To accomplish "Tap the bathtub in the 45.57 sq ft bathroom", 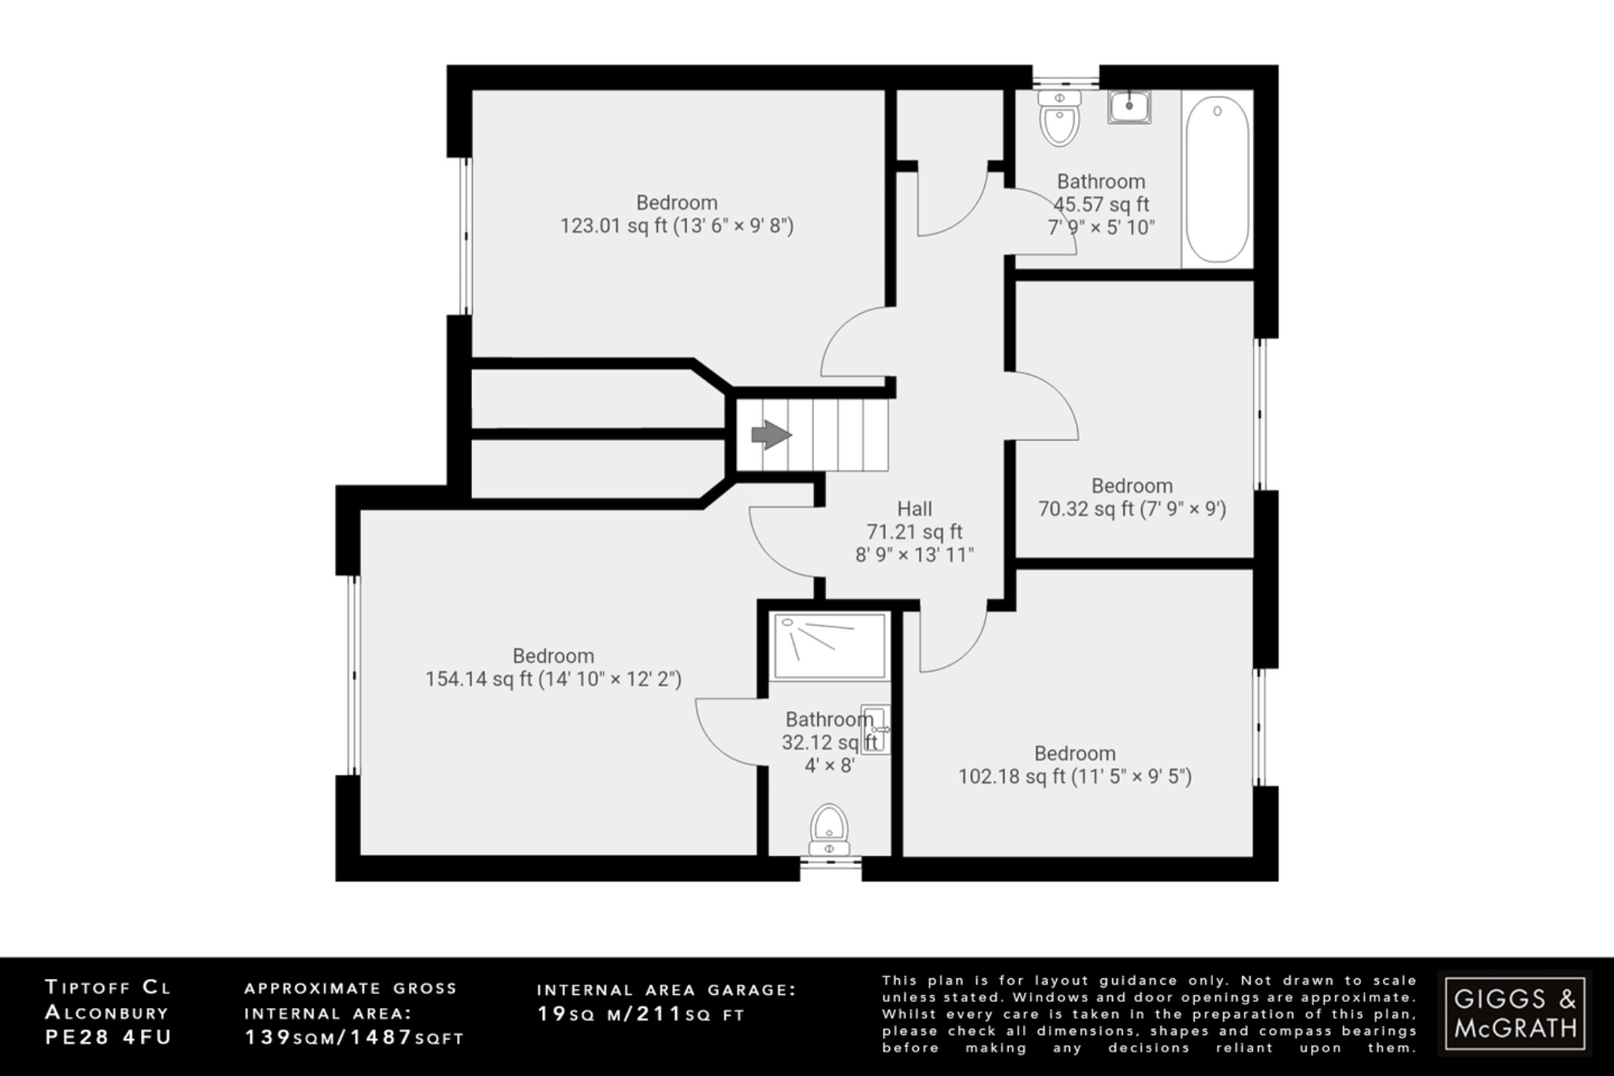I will (x=1217, y=180).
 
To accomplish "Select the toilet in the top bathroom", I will (x=1059, y=120).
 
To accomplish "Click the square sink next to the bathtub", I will (x=1129, y=107).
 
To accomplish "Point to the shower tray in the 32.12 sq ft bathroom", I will (x=829, y=646).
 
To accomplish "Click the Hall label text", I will (x=914, y=509).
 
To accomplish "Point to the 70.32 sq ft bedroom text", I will (x=1088, y=509).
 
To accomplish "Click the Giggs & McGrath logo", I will (x=1514, y=1012).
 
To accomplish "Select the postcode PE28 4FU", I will (x=108, y=1037).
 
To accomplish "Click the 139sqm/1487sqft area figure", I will (x=354, y=1038).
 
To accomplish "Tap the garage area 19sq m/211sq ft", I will (x=640, y=1015).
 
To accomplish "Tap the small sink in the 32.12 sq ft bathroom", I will (x=875, y=729).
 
